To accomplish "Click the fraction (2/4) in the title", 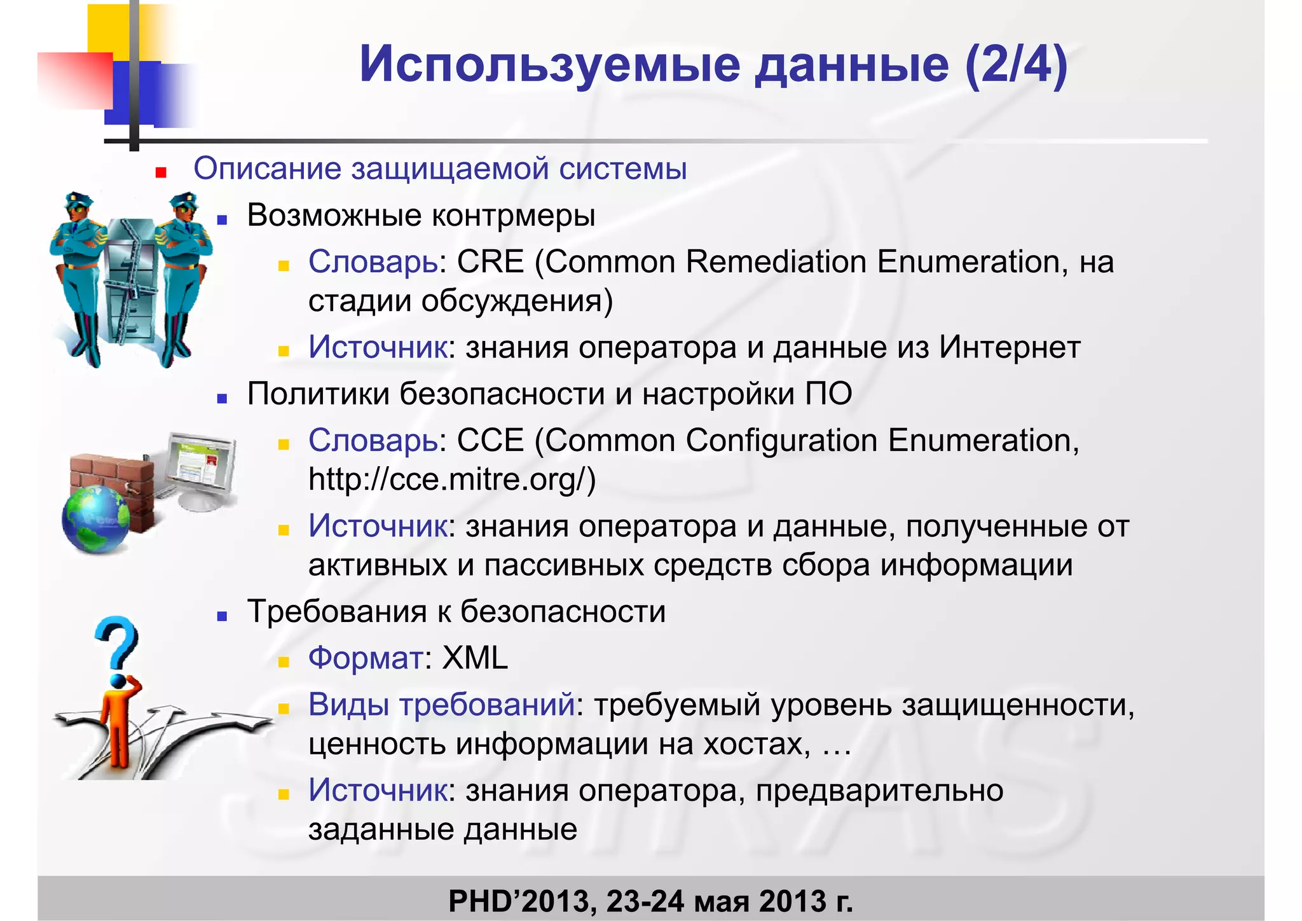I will [1015, 65].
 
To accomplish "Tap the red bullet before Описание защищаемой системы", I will [161, 172].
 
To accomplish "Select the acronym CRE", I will [490, 262].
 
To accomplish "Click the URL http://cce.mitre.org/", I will [451, 480].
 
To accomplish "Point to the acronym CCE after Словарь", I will [490, 441].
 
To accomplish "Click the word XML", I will [475, 658].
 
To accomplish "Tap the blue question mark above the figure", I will [117, 642].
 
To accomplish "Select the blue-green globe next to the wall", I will [95, 519].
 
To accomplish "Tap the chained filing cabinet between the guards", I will [130, 280].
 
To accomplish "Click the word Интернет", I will [1010, 348].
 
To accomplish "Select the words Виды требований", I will [442, 705].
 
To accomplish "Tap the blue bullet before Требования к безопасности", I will [222, 616].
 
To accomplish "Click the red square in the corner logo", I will [75, 80].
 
